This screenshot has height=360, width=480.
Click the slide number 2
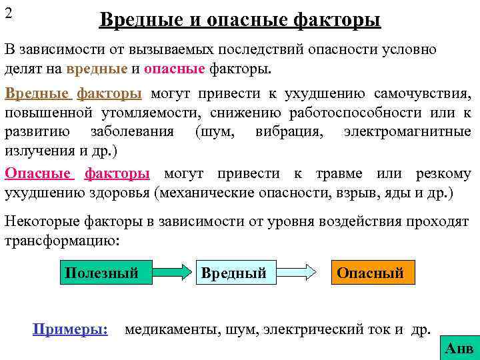click(9, 13)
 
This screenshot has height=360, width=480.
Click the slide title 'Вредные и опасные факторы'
click(240, 20)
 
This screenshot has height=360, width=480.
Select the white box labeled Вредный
click(233, 273)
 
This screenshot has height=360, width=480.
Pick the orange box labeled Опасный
click(370, 273)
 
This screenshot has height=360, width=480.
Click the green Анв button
click(459, 347)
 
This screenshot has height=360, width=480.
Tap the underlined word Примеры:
click(70, 329)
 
